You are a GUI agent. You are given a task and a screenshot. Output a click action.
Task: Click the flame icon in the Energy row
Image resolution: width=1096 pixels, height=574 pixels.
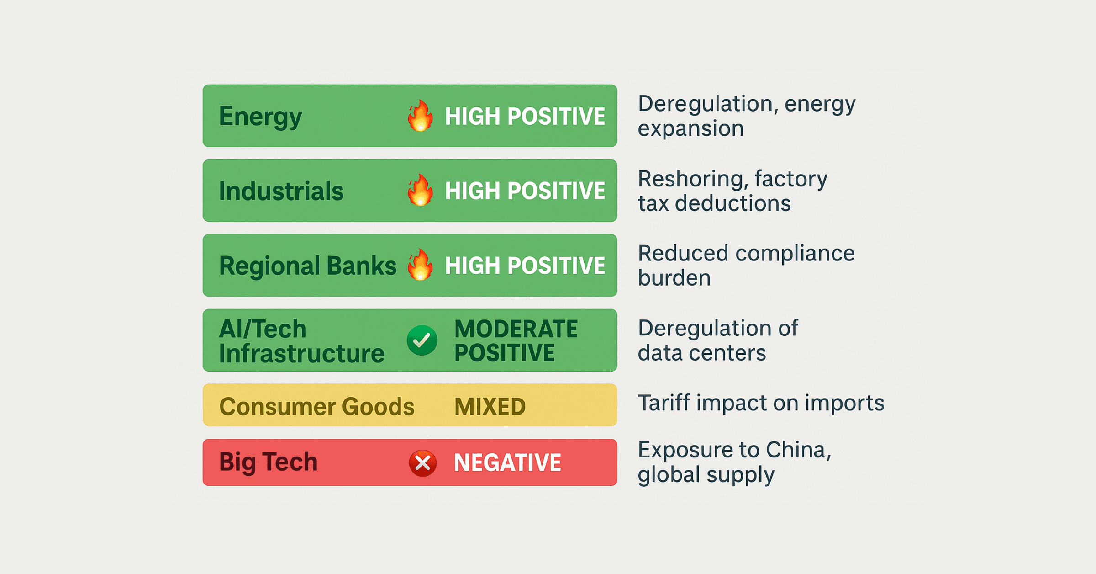[x=420, y=116]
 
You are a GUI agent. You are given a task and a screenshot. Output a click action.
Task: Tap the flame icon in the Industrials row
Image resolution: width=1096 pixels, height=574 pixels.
[x=420, y=190]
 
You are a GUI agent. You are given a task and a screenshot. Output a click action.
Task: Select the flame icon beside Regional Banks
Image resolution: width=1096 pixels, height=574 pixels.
[x=420, y=265]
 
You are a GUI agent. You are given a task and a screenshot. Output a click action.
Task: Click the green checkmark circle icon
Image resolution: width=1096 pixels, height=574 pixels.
[x=422, y=340]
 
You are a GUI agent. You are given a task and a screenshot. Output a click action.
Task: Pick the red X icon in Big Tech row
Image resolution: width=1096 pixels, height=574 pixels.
[x=422, y=463]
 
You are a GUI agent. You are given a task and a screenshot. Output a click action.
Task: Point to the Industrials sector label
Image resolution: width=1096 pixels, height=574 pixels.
[x=281, y=191]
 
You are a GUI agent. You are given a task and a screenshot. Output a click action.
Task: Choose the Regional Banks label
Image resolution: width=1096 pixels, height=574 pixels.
[x=308, y=266]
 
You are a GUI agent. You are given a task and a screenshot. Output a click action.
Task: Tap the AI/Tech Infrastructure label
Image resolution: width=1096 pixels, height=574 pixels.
[x=301, y=341]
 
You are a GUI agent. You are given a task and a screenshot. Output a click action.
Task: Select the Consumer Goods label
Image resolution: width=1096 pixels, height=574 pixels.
[x=317, y=406]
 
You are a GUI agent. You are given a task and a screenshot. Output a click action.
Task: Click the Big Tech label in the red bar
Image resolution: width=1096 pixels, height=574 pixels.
[x=268, y=462]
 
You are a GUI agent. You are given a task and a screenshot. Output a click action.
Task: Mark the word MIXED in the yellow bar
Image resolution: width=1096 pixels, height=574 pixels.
[x=490, y=406]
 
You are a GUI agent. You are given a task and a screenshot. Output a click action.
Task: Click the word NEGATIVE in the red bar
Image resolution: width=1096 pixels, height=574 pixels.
[x=507, y=462]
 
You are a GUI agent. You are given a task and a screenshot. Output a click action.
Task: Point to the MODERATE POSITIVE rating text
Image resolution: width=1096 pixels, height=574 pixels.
[x=516, y=340]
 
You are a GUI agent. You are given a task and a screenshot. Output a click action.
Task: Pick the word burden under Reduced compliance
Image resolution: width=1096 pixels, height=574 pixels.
[x=674, y=278]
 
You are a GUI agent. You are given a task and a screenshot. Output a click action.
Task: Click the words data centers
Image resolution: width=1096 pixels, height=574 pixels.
[x=702, y=353]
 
